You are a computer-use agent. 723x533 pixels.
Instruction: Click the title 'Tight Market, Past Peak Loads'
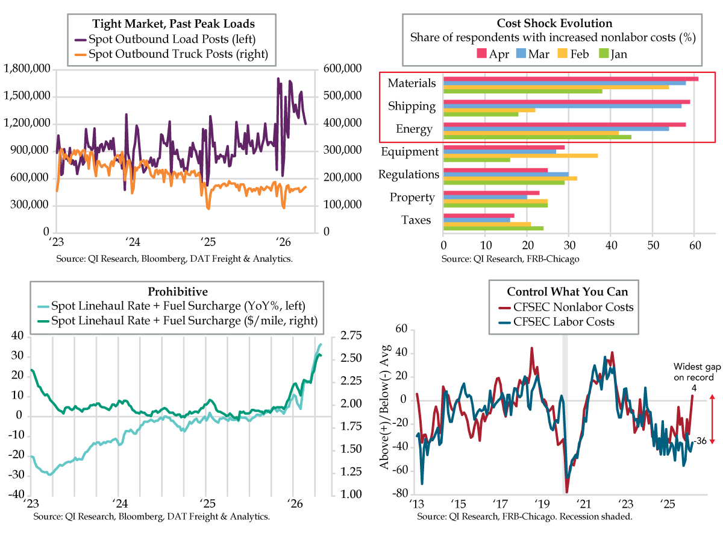tap(173, 24)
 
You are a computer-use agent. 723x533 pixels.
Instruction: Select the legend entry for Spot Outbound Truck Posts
tap(178, 55)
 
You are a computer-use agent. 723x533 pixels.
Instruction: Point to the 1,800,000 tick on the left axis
tap(27, 69)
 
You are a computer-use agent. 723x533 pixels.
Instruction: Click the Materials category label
tap(412, 83)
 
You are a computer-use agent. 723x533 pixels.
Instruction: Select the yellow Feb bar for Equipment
tap(521, 156)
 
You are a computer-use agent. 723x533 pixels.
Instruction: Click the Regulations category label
tap(408, 175)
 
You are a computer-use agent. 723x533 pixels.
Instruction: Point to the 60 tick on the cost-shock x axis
tap(694, 247)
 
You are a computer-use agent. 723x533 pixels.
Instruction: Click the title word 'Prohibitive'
tap(173, 292)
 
